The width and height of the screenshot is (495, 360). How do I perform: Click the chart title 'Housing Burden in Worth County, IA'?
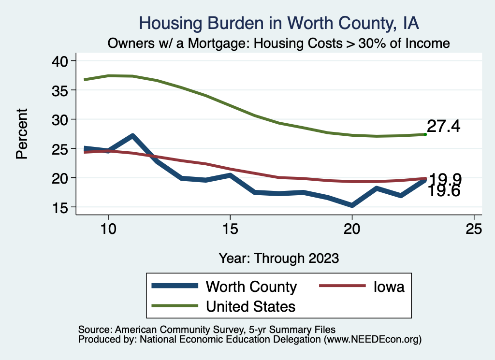coord(278,23)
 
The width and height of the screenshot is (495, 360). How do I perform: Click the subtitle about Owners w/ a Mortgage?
coord(278,43)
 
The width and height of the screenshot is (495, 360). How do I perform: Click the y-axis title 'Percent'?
coord(22,134)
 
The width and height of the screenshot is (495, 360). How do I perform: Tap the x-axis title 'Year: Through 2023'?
coord(278,258)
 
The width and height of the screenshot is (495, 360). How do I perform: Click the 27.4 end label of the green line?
coord(443,127)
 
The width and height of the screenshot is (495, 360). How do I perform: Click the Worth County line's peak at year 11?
coord(132,136)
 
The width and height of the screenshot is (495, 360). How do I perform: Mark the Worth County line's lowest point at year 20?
coord(352,205)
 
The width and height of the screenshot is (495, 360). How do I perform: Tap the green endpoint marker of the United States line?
coord(425,134)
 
